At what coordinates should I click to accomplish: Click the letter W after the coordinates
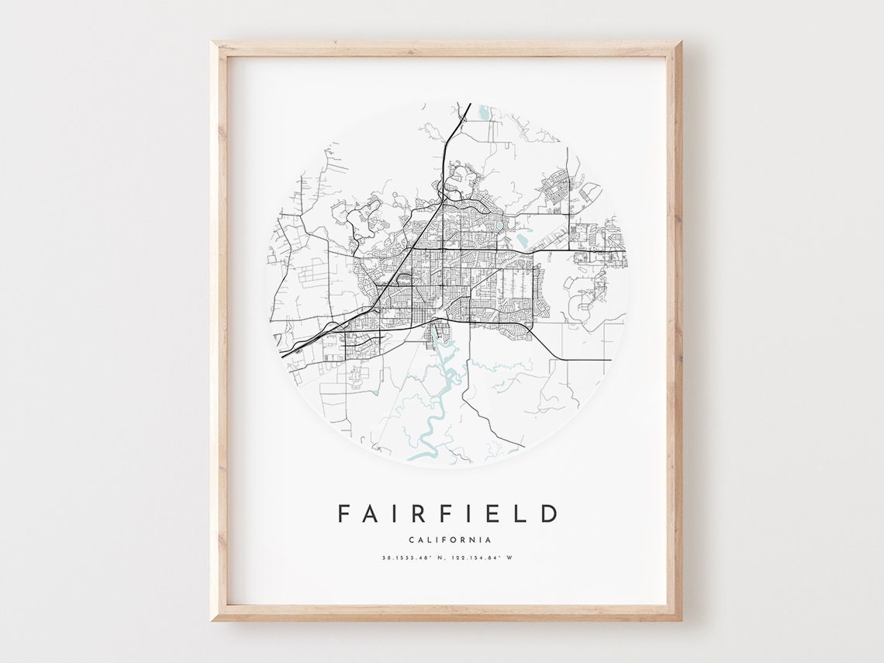(510, 558)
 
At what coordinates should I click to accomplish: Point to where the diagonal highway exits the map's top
(468, 105)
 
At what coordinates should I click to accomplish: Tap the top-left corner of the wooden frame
(213, 43)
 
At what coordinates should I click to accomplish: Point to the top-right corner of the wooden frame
(679, 43)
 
